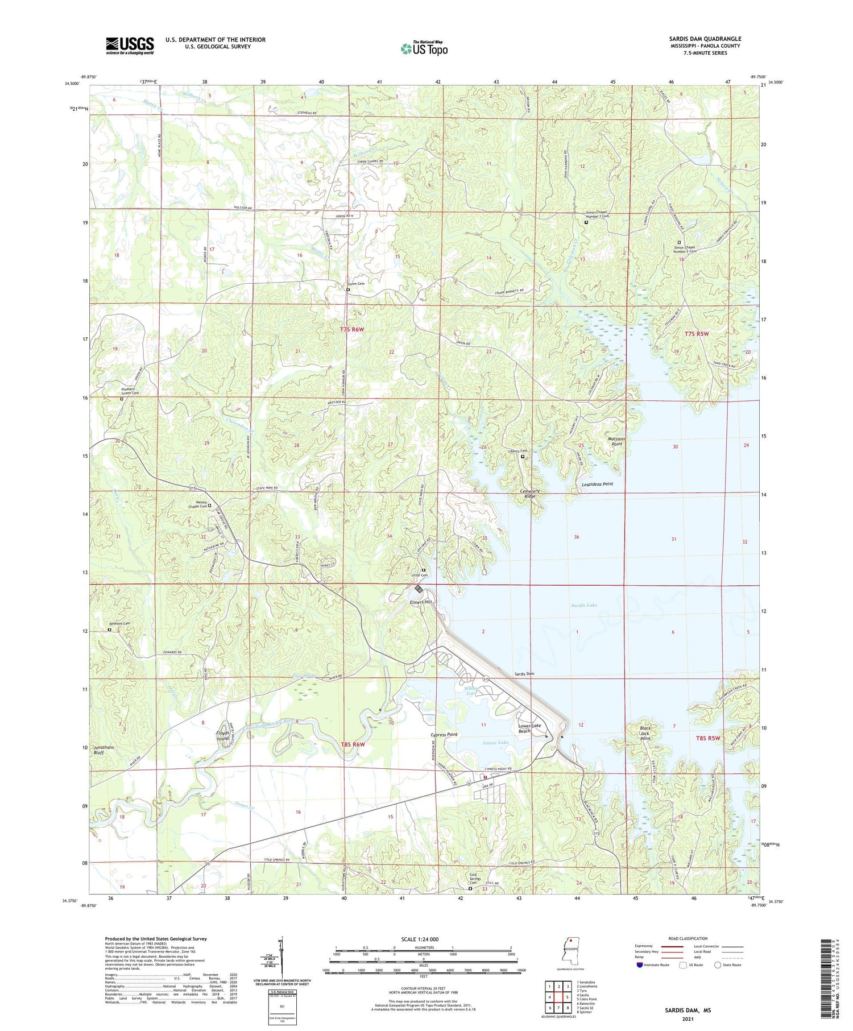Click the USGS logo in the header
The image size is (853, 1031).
point(130,45)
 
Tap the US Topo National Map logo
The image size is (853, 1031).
point(424,48)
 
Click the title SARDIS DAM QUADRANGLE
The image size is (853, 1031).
point(705,39)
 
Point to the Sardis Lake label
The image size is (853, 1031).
point(585,605)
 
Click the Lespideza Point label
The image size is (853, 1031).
point(597,484)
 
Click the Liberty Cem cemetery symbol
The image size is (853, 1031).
point(523,455)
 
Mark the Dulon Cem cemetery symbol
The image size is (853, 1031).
point(348,289)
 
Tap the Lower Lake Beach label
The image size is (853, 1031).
point(527,728)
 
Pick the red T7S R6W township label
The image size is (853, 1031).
point(351,329)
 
